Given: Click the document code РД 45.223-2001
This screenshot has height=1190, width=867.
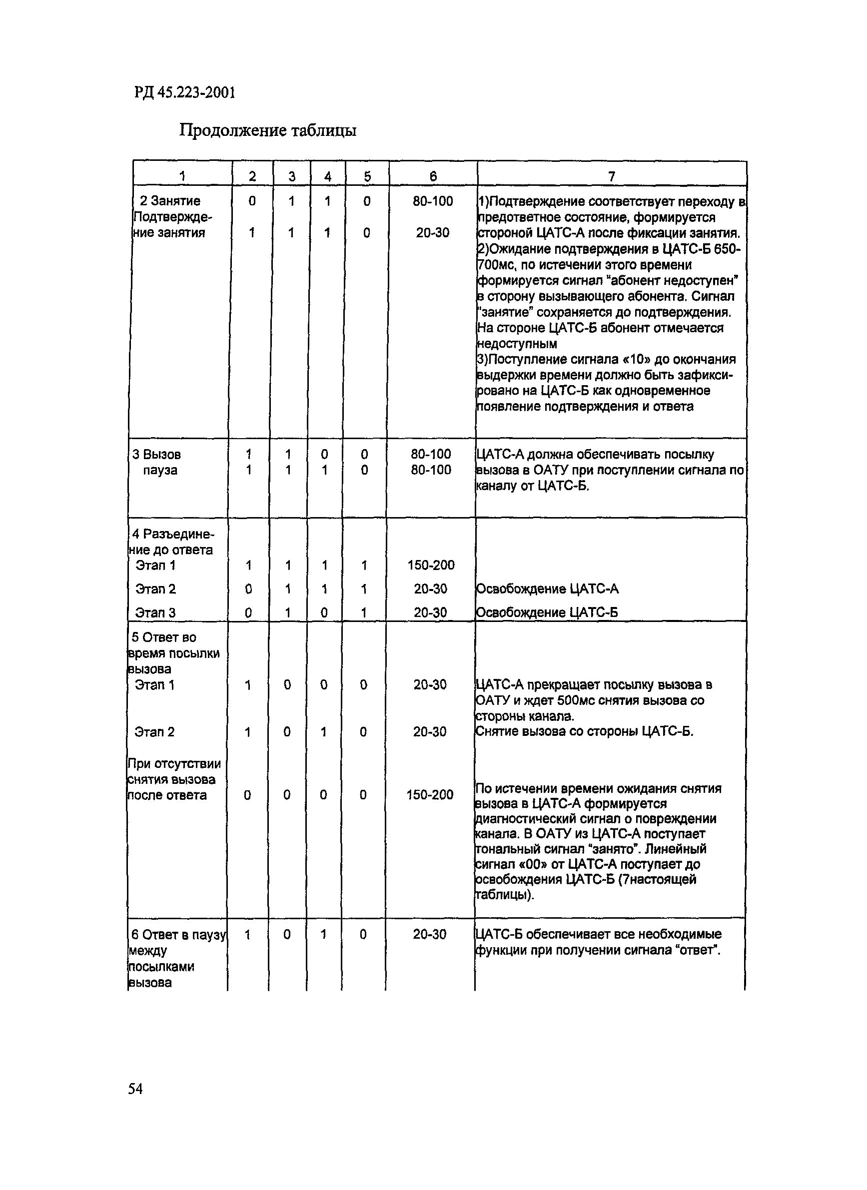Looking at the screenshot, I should [x=185, y=93].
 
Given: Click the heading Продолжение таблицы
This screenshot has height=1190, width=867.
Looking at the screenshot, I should [x=268, y=129].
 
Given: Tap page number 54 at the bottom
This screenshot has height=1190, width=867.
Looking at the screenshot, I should [x=135, y=1089].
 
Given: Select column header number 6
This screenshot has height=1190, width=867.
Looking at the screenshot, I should [x=433, y=177].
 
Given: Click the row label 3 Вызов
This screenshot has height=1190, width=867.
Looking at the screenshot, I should [x=156, y=455].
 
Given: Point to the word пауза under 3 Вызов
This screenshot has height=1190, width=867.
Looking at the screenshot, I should [x=160, y=470].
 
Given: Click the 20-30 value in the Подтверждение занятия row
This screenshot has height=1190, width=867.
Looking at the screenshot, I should [x=432, y=232].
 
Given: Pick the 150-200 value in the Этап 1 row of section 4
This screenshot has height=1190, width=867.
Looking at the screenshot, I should [x=431, y=565].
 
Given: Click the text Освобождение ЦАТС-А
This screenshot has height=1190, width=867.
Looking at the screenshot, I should [x=547, y=589].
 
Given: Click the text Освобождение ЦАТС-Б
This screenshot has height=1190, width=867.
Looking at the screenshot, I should [x=546, y=612].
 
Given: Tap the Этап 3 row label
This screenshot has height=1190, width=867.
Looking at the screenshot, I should [x=155, y=612].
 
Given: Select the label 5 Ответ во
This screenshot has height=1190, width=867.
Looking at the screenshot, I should [x=164, y=637].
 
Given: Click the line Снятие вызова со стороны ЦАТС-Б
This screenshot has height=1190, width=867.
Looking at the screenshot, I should [x=584, y=731].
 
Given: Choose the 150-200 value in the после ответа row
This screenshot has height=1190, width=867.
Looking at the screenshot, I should [x=430, y=795].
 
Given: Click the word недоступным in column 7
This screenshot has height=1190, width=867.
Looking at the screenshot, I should [x=517, y=344].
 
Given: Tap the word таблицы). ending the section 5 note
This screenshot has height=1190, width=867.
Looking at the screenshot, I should [x=504, y=895].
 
